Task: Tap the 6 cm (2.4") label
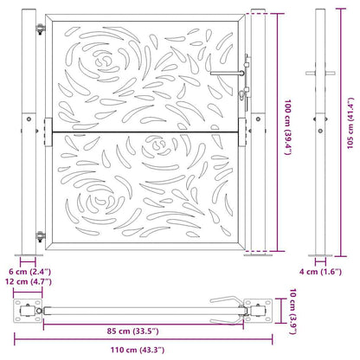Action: click(x=28, y=271)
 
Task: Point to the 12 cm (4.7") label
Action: click(x=28, y=282)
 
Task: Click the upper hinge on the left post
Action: click(x=40, y=29)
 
